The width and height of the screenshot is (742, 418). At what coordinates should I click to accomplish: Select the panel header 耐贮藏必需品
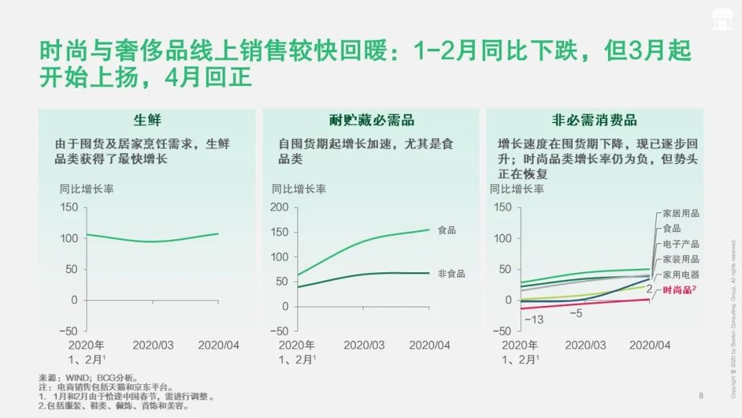click(x=372, y=120)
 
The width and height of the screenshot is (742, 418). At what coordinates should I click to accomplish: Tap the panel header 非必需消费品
click(x=594, y=120)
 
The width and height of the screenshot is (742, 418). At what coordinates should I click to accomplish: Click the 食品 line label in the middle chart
click(x=447, y=230)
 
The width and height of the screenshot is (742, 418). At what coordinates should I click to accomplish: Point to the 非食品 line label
click(x=451, y=274)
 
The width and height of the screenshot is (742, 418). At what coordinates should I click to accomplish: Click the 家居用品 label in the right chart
click(x=681, y=214)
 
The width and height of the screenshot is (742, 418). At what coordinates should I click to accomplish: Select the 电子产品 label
click(x=681, y=244)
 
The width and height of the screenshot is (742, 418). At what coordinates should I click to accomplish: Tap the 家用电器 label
click(x=681, y=274)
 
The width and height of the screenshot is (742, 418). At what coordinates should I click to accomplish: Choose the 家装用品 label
click(x=681, y=259)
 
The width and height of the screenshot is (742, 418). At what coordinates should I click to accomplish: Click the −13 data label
click(x=533, y=320)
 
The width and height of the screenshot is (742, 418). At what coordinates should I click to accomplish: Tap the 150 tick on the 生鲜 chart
click(x=69, y=207)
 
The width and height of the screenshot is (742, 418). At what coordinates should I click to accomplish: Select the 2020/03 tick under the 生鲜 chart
click(x=153, y=345)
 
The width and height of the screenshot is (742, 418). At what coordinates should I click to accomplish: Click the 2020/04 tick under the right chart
click(x=650, y=345)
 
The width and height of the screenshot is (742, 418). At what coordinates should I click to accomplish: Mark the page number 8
click(x=701, y=395)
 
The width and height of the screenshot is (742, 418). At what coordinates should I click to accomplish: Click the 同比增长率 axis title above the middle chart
click(x=299, y=189)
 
